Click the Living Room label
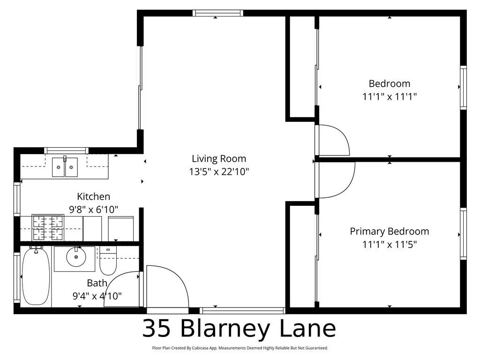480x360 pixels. (218, 158)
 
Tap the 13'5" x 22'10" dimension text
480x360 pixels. (218, 172)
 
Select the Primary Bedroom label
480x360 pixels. (389, 231)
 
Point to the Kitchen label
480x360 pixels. (94, 196)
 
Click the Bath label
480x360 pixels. (97, 283)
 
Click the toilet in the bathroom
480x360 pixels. (108, 263)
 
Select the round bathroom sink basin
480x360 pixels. (74, 257)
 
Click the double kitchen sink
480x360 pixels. (65, 167)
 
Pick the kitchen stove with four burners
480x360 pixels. (47, 227)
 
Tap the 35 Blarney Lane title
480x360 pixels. (239, 329)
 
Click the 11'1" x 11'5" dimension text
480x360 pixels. (389, 244)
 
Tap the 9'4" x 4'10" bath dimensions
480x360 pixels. (97, 296)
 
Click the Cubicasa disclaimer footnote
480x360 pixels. (240, 348)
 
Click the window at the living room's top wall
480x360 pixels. (218, 13)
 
